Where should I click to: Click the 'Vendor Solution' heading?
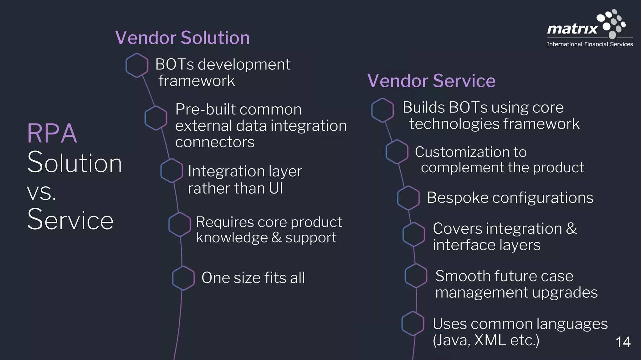coord(182,38)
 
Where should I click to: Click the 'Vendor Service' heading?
coord(431,81)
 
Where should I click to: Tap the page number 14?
coord(623,342)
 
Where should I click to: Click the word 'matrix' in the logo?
coord(572,29)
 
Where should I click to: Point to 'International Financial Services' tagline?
coord(590,44)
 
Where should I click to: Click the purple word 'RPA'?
coord(52,134)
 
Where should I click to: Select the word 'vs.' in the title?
coord(42,192)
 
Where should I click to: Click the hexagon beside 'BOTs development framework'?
coord(137,65)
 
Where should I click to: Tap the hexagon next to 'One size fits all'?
coord(183,278)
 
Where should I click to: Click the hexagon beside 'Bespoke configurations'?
coord(408,198)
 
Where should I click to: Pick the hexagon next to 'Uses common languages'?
coord(413,324)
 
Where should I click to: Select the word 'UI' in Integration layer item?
coord(276,188)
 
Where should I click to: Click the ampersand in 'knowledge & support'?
coord(277,237)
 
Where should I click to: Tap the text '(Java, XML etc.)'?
coord(486,340)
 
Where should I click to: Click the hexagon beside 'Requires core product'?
coord(180,225)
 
